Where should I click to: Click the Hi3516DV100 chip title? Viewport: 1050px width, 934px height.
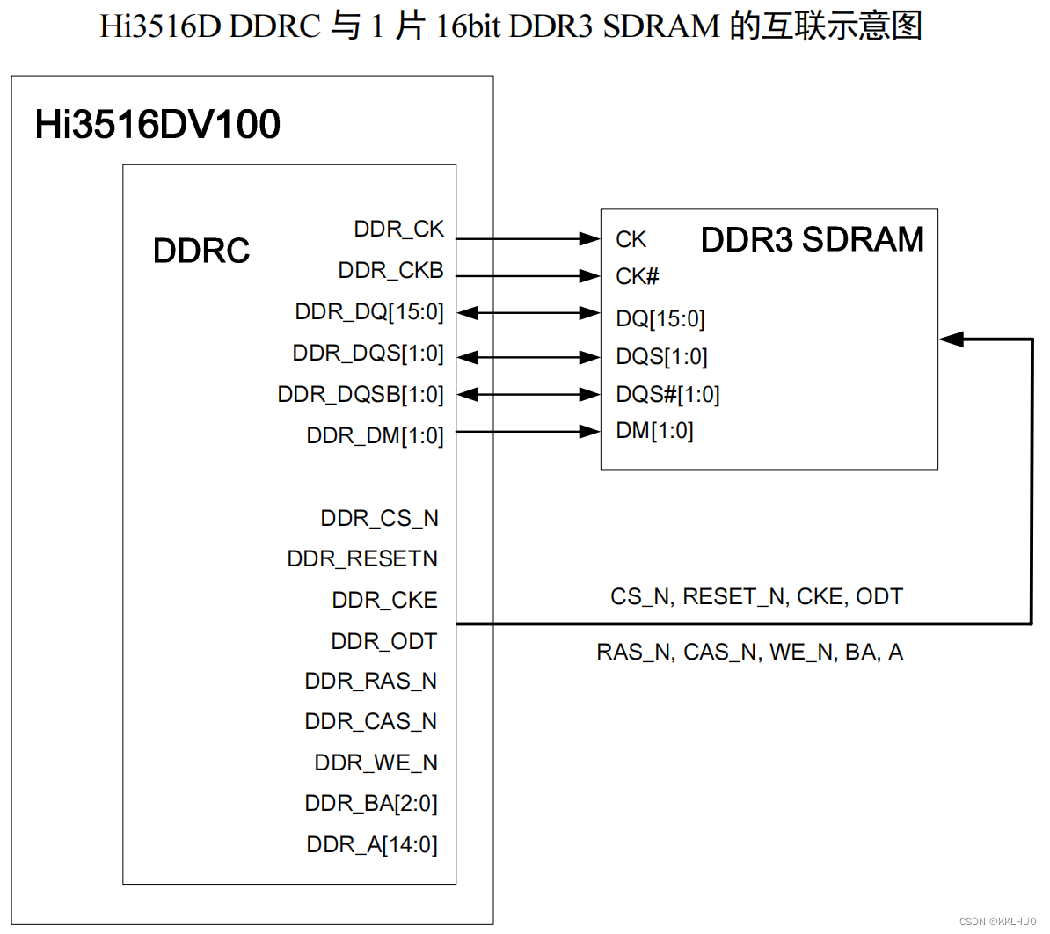pyautogui.click(x=157, y=124)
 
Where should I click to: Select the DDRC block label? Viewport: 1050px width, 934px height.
pyautogui.click(x=201, y=252)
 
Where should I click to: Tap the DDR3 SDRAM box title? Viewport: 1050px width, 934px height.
pyautogui.click(x=812, y=240)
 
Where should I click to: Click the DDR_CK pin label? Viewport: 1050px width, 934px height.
pyautogui.click(x=398, y=230)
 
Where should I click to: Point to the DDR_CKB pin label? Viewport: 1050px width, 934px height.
pyautogui.click(x=390, y=271)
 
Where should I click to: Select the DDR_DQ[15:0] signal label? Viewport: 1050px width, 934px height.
pyautogui.click(x=369, y=312)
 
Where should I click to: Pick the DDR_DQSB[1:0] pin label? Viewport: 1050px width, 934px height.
pyautogui.click(x=361, y=395)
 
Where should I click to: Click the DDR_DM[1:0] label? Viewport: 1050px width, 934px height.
pyautogui.click(x=375, y=436)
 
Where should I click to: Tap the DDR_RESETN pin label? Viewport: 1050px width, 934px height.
pyautogui.click(x=362, y=559)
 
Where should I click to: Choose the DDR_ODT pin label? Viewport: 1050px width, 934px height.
pyautogui.click(x=383, y=642)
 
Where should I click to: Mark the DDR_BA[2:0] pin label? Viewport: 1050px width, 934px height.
pyautogui.click(x=370, y=804)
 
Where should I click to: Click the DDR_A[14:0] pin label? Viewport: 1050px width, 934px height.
pyautogui.click(x=371, y=845)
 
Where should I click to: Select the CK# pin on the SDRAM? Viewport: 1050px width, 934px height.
pyautogui.click(x=637, y=277)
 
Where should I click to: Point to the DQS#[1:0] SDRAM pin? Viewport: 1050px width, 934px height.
pyautogui.click(x=667, y=395)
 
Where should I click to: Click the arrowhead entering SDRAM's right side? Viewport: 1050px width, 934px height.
pyautogui.click(x=951, y=339)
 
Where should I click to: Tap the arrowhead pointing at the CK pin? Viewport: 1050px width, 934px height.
pyautogui.click(x=590, y=238)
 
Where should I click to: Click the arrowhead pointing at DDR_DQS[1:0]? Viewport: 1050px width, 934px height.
pyautogui.click(x=468, y=357)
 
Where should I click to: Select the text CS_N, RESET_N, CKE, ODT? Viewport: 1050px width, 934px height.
pyautogui.click(x=756, y=597)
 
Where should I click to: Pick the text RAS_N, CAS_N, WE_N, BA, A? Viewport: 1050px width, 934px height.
pyautogui.click(x=749, y=653)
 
